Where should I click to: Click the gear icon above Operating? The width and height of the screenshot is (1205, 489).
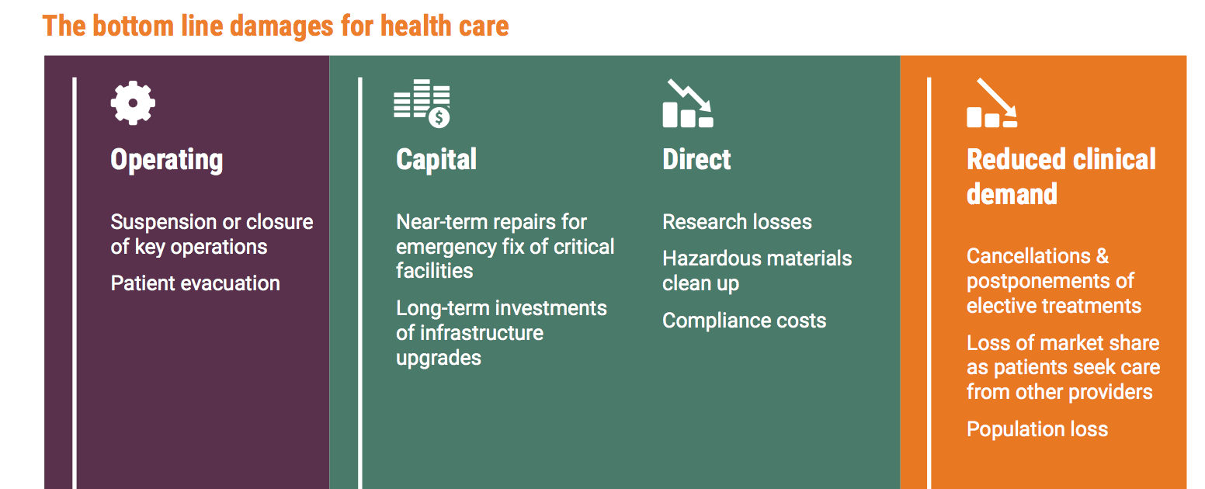pos(133,102)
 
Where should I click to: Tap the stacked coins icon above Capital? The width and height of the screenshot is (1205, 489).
pos(422,103)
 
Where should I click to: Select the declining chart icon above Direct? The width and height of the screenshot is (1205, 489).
pos(688,103)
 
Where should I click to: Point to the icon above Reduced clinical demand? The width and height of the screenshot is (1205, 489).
pos(992,102)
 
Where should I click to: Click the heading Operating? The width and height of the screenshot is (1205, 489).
pos(167,160)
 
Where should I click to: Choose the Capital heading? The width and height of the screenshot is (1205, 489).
pos(436,159)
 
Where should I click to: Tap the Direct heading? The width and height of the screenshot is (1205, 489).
pos(696,159)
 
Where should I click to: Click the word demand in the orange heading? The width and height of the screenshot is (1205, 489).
pos(1012,194)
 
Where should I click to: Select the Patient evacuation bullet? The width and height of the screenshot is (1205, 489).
pos(196,283)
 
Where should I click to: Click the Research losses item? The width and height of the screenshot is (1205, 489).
pos(737,222)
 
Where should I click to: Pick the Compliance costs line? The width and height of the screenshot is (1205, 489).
pos(744,321)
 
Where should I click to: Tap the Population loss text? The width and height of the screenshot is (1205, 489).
pos(1037,429)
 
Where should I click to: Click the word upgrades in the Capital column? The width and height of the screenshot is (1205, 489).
pos(439,359)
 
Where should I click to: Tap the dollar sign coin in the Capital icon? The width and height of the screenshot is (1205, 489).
pos(439,117)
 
